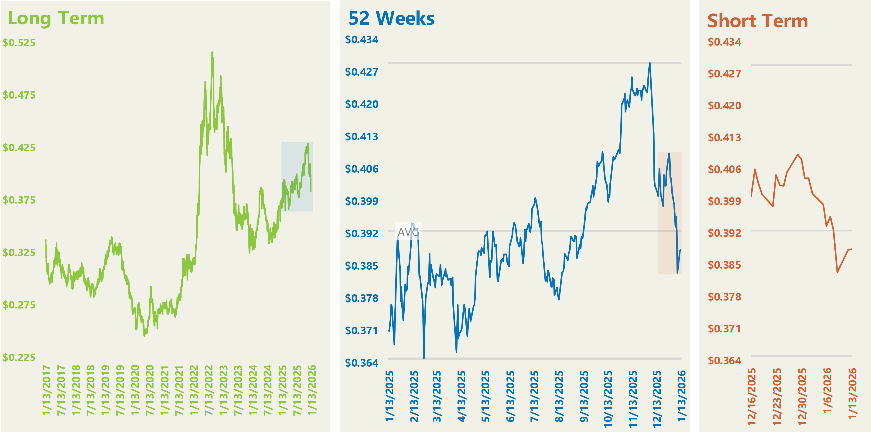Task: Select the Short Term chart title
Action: click(757, 21)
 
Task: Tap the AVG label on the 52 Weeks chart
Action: click(408, 232)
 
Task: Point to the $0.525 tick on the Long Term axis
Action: click(19, 43)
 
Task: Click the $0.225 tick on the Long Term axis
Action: click(19, 357)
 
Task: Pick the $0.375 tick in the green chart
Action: click(19, 200)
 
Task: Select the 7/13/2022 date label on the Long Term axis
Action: click(209, 390)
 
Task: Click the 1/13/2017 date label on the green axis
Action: click(46, 390)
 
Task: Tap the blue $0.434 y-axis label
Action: click(362, 40)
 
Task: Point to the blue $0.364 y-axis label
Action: click(362, 363)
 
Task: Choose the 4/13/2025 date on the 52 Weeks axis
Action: click(461, 396)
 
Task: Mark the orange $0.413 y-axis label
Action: click(724, 137)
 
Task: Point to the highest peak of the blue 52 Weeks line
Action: click(649, 63)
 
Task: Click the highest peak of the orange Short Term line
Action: click(798, 155)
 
